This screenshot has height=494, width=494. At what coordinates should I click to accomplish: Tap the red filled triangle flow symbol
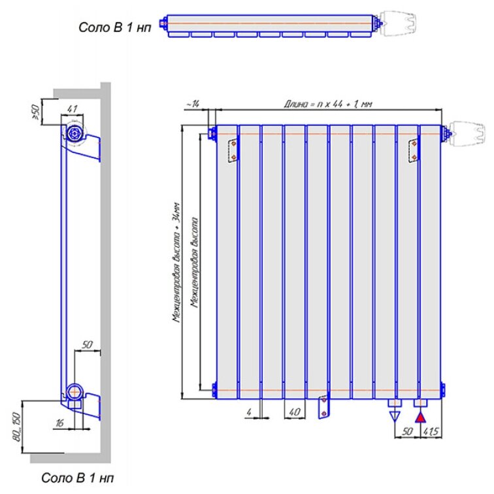pyautogui.click(x=421, y=416)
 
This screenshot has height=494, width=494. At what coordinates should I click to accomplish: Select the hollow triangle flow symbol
pyautogui.click(x=394, y=416)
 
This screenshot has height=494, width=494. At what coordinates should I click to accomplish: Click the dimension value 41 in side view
pyautogui.click(x=73, y=108)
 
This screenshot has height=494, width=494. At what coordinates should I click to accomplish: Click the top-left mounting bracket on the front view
pyautogui.click(x=233, y=150)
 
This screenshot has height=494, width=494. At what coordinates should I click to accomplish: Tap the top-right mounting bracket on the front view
pyautogui.click(x=413, y=150)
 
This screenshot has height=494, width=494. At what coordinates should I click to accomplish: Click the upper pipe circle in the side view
pyautogui.click(x=74, y=133)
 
